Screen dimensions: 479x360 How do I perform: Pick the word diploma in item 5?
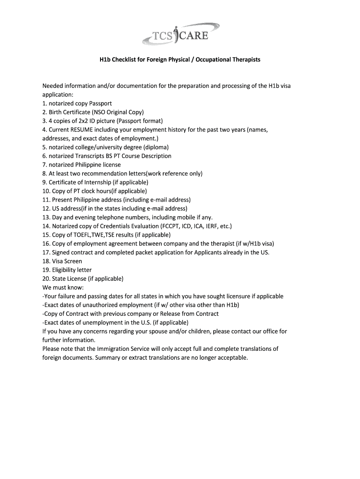[157, 147]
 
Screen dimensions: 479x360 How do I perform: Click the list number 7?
[44, 165]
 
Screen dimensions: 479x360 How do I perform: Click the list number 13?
[46, 218]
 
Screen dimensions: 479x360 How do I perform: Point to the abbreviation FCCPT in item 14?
[172, 226]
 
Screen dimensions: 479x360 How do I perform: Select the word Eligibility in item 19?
[65, 270]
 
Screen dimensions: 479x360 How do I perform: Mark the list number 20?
[46, 279]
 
